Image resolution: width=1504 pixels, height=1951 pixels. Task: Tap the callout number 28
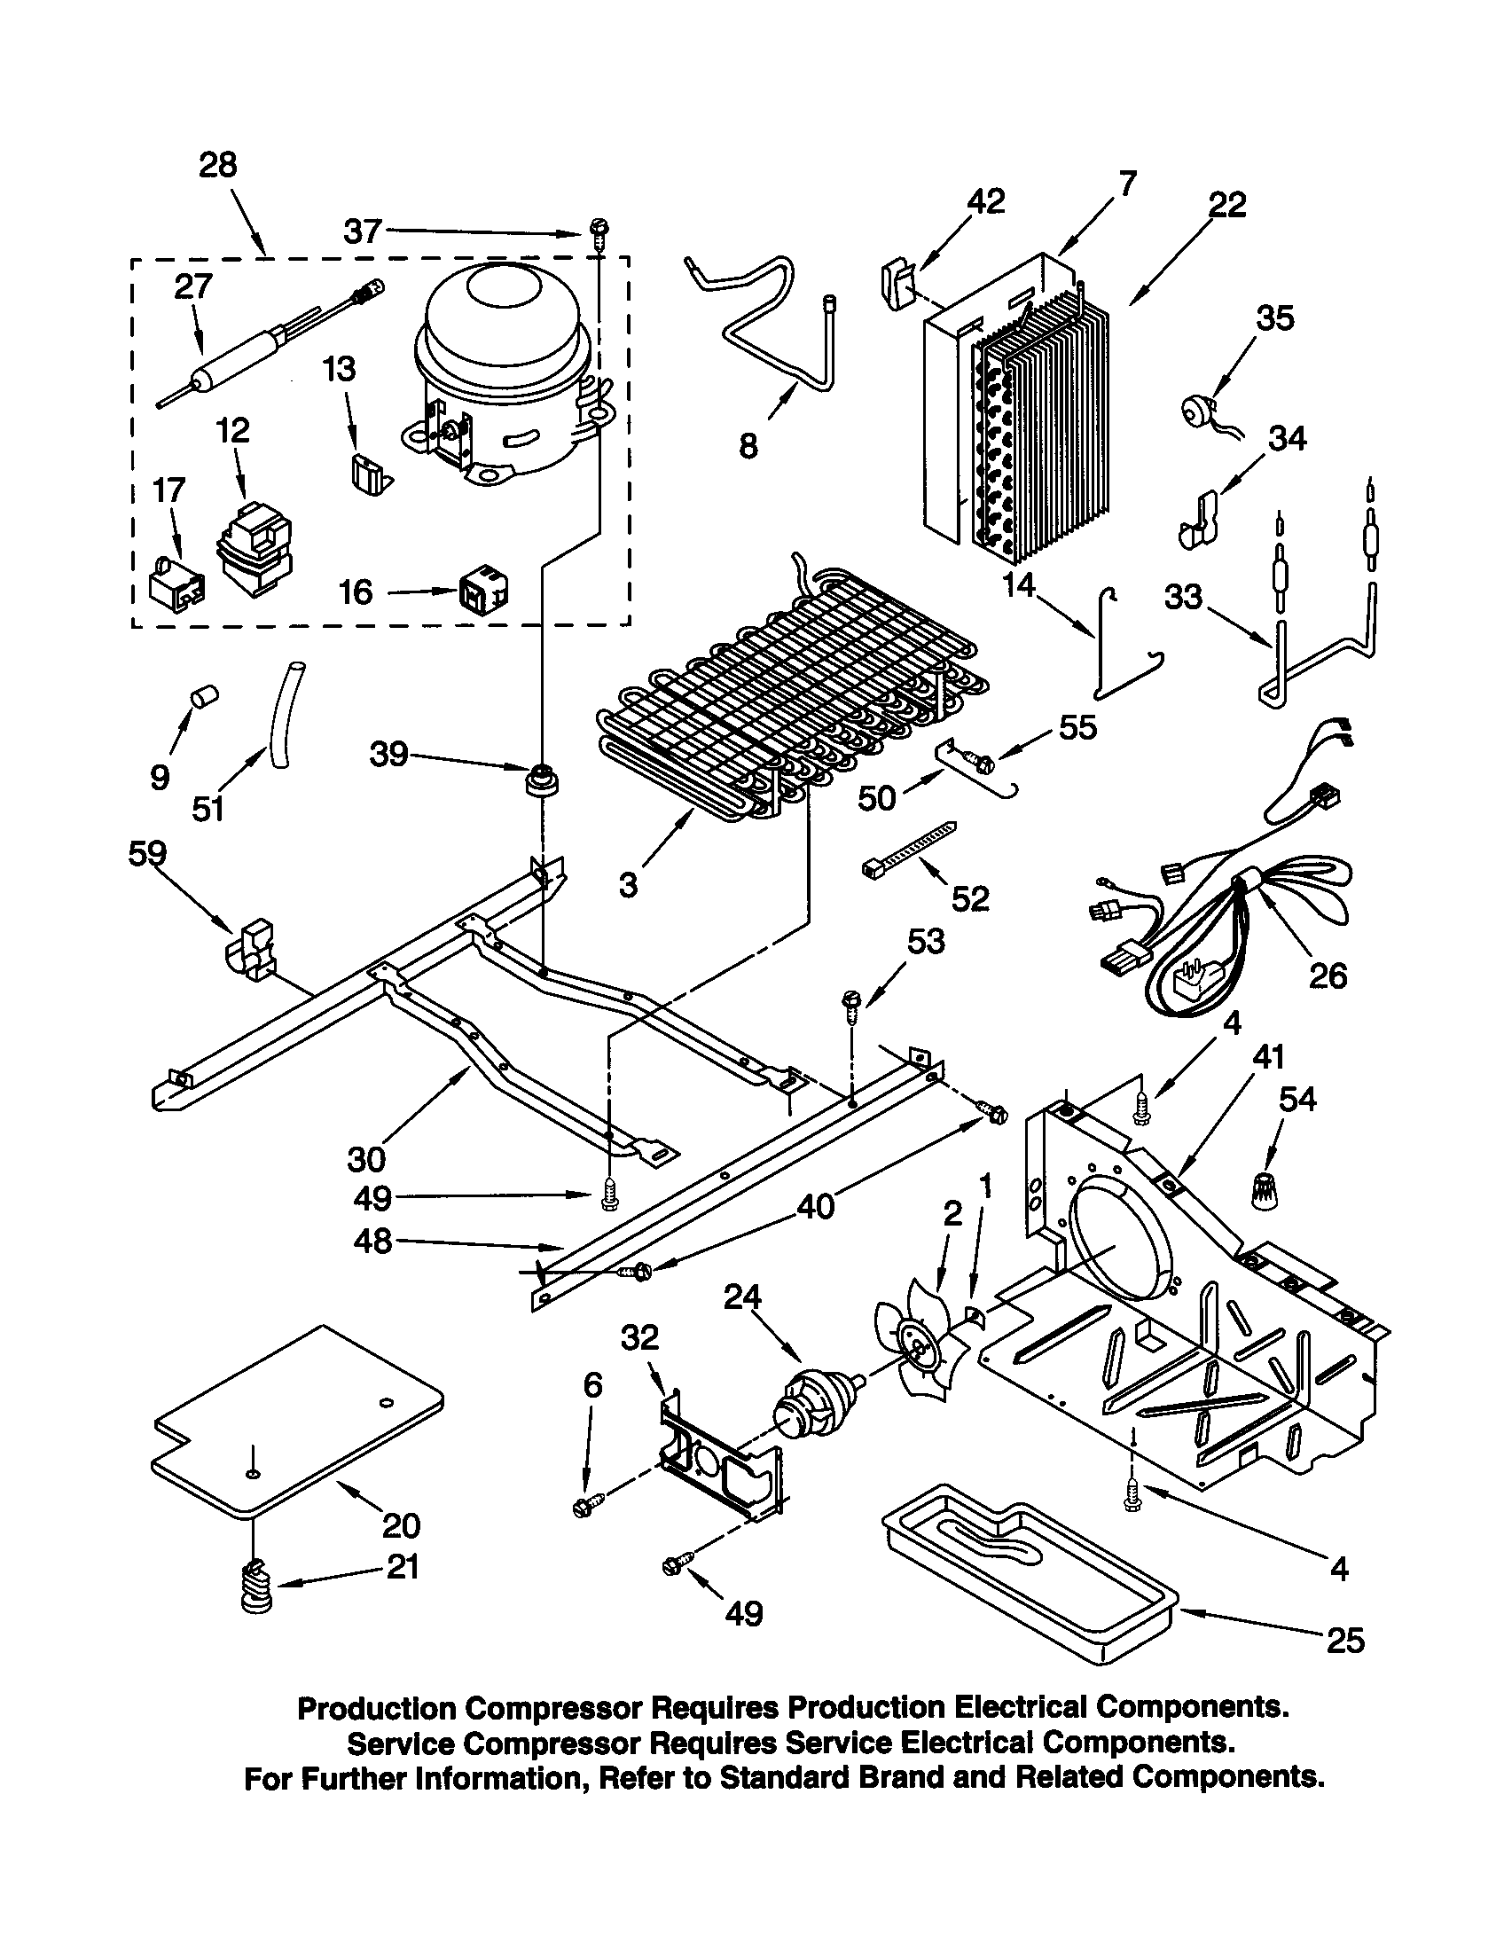[x=218, y=165]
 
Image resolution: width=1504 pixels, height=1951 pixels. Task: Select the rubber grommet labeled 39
[x=541, y=780]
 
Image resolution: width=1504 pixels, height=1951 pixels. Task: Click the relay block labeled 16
[x=484, y=592]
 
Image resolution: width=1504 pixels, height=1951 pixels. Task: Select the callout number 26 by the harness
[x=1328, y=975]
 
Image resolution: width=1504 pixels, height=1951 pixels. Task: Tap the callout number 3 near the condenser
[x=628, y=885]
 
